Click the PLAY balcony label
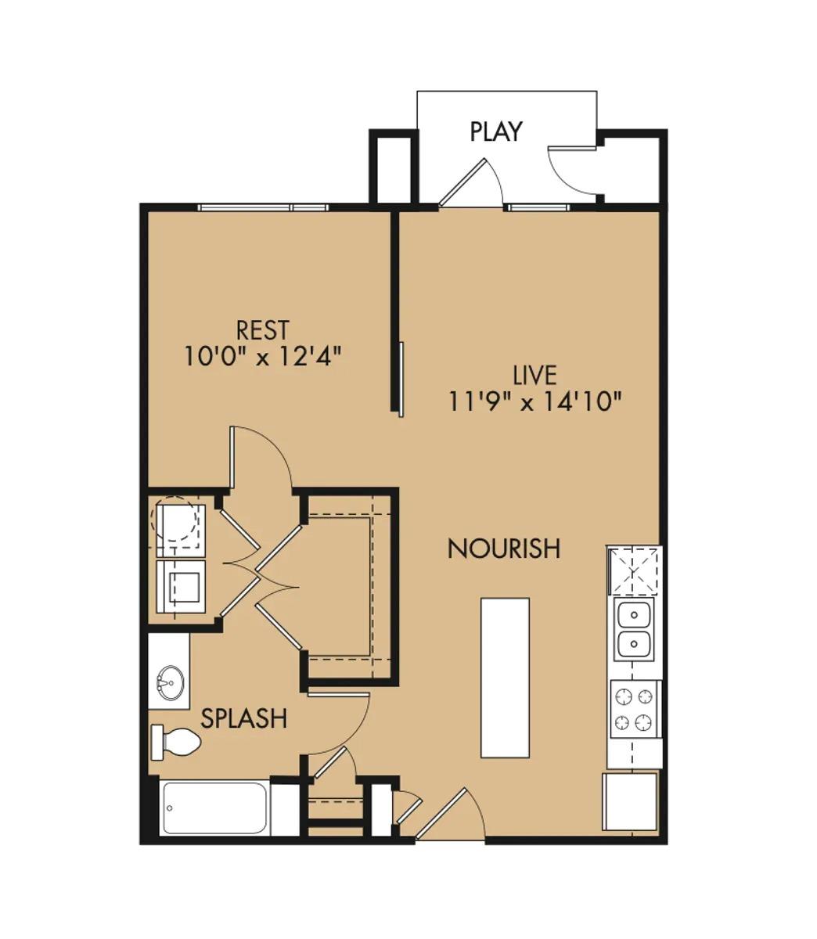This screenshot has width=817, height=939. pyautogui.click(x=495, y=131)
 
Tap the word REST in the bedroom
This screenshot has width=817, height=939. pyautogui.click(x=263, y=329)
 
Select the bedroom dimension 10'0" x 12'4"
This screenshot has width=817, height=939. pyautogui.click(x=263, y=357)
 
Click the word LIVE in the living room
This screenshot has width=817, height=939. pyautogui.click(x=534, y=375)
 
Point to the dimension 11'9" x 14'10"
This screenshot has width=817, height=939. pyautogui.click(x=534, y=401)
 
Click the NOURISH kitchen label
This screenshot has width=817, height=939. pyautogui.click(x=503, y=549)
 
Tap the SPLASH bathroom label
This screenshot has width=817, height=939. pyautogui.click(x=243, y=718)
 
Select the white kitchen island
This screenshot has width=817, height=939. pyautogui.click(x=505, y=678)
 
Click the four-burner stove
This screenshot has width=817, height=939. pyautogui.click(x=635, y=709)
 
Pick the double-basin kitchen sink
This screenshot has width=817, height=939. pyautogui.click(x=635, y=631)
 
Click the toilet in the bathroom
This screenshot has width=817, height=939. pyautogui.click(x=176, y=742)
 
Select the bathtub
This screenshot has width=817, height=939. pyautogui.click(x=214, y=808)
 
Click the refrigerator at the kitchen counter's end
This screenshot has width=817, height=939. pyautogui.click(x=630, y=801)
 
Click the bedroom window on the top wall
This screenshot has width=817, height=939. pyautogui.click(x=261, y=207)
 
